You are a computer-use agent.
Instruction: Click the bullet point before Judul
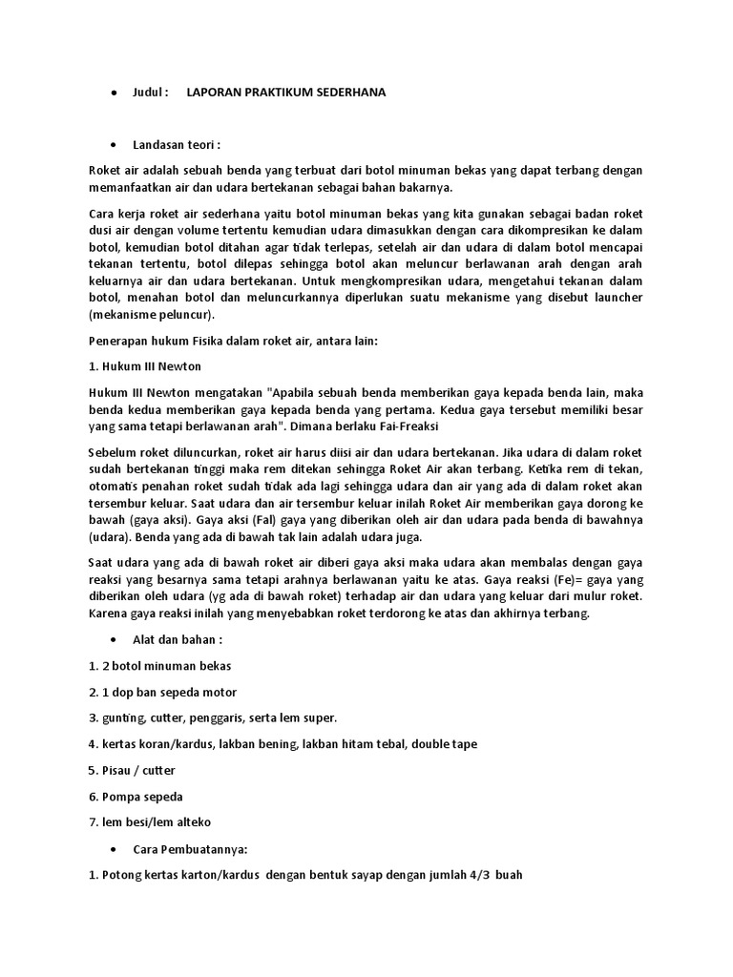(114, 93)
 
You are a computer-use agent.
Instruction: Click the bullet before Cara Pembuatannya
(114, 848)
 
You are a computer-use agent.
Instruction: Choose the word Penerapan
(119, 341)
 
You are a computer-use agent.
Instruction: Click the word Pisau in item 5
(119, 770)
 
